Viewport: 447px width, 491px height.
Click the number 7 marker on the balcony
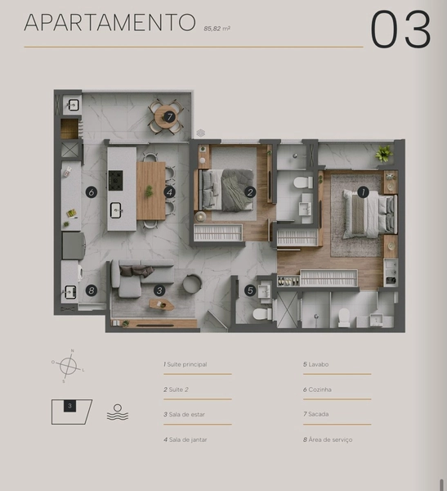click(x=169, y=117)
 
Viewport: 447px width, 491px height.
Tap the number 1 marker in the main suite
click(x=363, y=192)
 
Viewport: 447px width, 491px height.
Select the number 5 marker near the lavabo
click(x=250, y=291)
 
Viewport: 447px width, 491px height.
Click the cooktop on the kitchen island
click(x=115, y=180)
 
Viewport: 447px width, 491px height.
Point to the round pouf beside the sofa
click(x=192, y=283)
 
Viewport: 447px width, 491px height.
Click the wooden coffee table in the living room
click(x=162, y=304)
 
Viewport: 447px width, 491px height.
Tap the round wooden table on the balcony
click(x=166, y=117)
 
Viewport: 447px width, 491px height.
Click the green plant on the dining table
click(x=150, y=191)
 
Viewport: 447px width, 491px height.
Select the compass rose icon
click(x=68, y=366)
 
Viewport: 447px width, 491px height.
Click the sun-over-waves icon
click(x=118, y=412)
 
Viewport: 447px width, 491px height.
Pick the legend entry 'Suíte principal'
click(x=185, y=364)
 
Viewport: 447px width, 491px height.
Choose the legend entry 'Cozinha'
click(x=317, y=390)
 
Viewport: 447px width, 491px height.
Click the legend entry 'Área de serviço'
click(x=328, y=439)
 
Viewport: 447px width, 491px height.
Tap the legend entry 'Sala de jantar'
click(x=185, y=439)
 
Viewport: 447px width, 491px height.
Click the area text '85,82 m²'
click(x=217, y=29)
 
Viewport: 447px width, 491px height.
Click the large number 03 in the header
click(x=400, y=29)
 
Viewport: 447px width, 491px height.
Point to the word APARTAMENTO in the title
click(x=110, y=22)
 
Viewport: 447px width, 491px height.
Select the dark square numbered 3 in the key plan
click(x=69, y=406)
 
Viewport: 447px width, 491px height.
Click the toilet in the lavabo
click(x=262, y=313)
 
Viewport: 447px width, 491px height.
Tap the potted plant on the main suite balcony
click(x=384, y=154)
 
